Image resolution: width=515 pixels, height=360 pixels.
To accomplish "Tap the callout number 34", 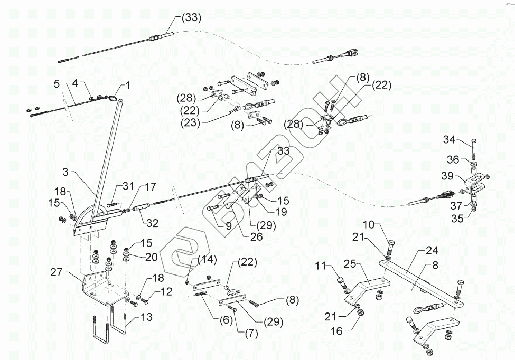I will (x=448, y=140).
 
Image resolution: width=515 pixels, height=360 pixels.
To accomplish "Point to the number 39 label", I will (x=448, y=176).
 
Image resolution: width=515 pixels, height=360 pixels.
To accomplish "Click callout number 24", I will (x=432, y=251).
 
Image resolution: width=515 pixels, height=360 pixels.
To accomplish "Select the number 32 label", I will (x=152, y=223).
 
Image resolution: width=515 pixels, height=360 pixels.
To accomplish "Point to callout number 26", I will (x=256, y=238).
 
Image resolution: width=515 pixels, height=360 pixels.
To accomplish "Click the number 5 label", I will (x=57, y=83).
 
